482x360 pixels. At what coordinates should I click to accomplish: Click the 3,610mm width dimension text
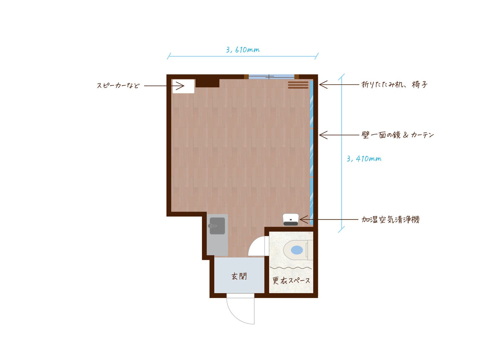coord(243,50)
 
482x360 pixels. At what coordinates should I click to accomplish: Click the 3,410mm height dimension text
coord(364,159)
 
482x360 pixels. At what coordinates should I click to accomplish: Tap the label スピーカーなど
coord(118,85)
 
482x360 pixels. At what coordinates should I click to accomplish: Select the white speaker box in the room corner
coord(183,86)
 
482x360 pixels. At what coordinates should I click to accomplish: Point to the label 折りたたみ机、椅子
coord(394,85)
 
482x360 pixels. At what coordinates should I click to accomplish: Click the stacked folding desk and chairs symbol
coord(298,85)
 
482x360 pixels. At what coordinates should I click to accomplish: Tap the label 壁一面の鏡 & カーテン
coord(398,135)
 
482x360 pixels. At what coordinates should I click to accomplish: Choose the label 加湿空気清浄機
coord(390,219)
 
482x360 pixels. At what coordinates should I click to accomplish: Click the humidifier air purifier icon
coord(291,219)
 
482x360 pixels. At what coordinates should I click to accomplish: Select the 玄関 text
coord(239,276)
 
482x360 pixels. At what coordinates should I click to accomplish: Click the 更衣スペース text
coord(291,281)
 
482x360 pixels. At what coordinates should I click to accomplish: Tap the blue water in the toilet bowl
coord(297,250)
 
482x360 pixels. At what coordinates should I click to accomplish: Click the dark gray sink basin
coord(217,226)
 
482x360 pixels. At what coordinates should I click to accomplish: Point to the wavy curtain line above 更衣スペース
coord(291,268)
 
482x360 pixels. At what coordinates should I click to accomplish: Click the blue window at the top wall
coord(271,77)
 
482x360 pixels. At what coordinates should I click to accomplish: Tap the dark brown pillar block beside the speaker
coord(207,83)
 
